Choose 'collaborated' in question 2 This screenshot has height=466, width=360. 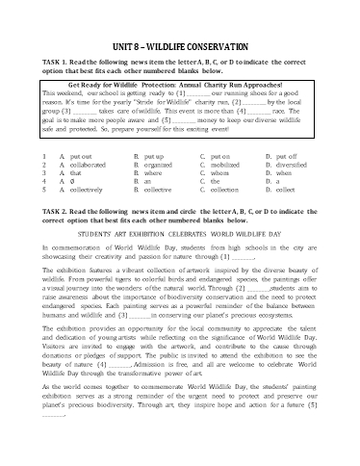click(91, 163)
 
